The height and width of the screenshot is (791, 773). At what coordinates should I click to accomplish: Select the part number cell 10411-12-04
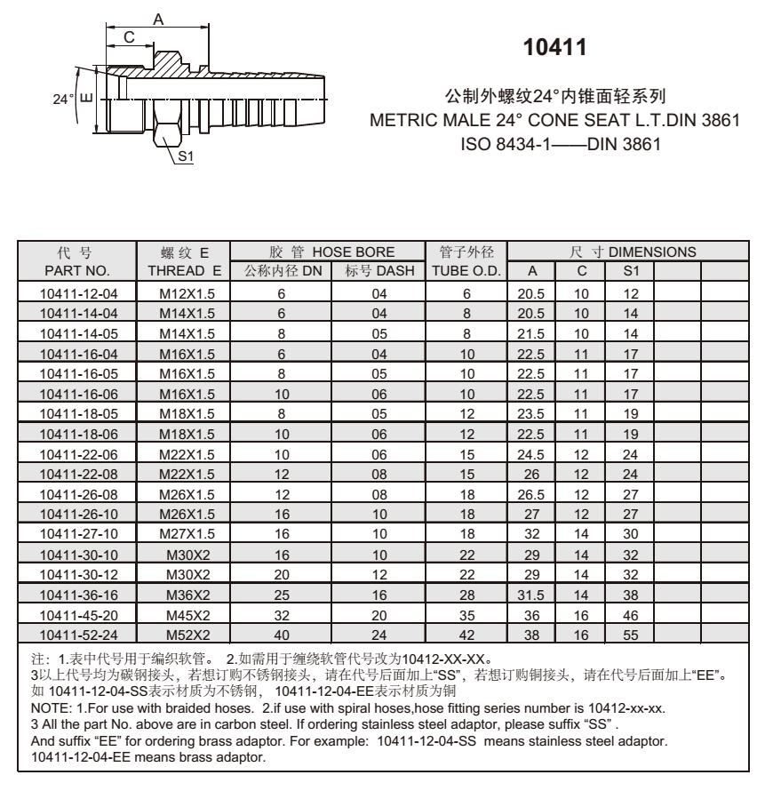pyautogui.click(x=78, y=292)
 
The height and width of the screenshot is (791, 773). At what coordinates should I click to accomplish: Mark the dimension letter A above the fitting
pyautogui.click(x=157, y=17)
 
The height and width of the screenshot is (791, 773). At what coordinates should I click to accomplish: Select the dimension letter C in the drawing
pyautogui.click(x=129, y=37)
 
